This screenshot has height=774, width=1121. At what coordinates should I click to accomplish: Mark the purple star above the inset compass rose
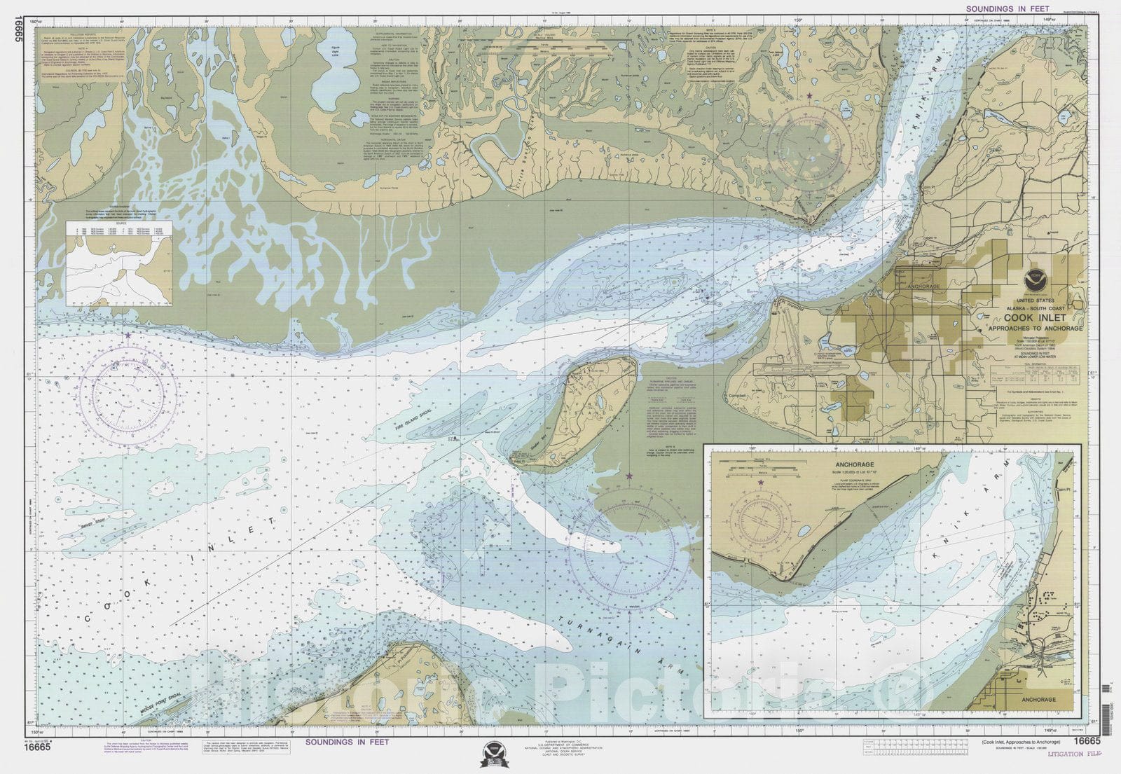pos(761,483)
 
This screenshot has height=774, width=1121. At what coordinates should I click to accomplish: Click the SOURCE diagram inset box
pos(119,263)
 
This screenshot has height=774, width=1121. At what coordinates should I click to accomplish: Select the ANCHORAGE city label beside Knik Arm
pos(923,286)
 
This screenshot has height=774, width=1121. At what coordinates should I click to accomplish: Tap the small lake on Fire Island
pos(600,403)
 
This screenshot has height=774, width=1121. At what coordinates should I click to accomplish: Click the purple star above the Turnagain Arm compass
pos(629,476)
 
